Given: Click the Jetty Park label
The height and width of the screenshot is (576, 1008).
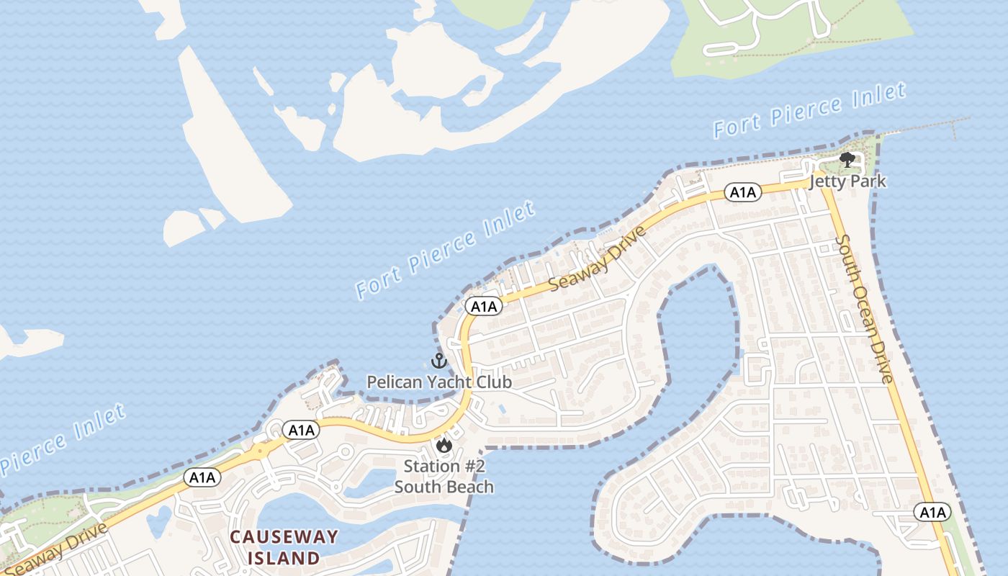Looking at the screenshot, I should (x=847, y=181).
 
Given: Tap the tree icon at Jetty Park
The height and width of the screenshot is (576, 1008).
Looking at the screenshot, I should (x=847, y=160).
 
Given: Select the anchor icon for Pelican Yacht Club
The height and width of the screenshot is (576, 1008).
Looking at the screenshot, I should (x=438, y=361).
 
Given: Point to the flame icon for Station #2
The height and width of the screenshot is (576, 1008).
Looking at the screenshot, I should (x=444, y=446).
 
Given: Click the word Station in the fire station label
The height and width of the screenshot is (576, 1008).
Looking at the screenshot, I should (x=430, y=467).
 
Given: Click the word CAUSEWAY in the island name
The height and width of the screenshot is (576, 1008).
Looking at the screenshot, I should (x=284, y=536).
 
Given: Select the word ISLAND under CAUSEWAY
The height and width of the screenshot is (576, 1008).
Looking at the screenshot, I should (x=284, y=558).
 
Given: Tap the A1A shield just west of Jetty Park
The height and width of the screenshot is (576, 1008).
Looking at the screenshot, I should (x=742, y=192).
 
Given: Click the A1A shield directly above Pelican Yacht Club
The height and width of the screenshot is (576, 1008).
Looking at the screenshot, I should (x=483, y=307).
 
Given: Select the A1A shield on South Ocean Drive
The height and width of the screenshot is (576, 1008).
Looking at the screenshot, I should (x=932, y=513).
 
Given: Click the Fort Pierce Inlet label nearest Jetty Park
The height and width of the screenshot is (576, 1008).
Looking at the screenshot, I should (x=809, y=111).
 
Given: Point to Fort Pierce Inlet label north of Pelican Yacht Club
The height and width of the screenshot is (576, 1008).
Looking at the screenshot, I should (x=446, y=250).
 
